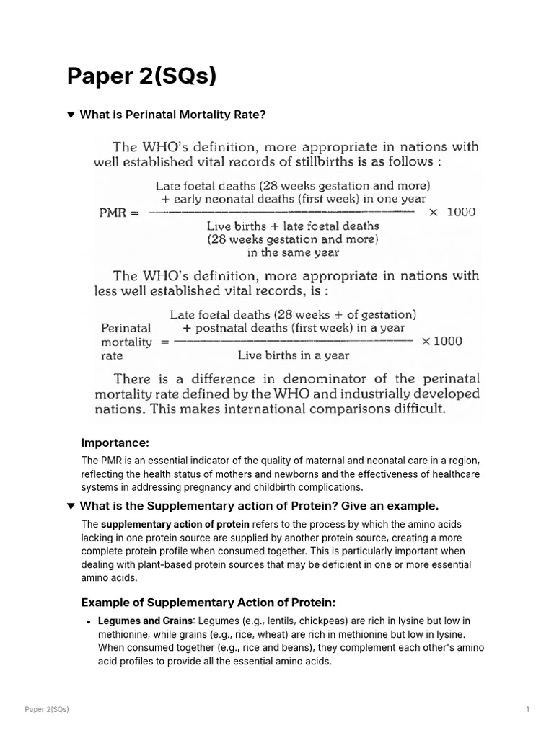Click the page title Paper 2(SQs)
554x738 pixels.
[x=141, y=76]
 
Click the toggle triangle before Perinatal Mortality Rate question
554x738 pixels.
[x=71, y=115]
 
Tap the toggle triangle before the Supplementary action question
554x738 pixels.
[x=71, y=506]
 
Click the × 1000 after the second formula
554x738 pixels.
[x=442, y=341]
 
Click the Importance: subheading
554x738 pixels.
[x=115, y=442]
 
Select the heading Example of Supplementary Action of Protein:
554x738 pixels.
[x=208, y=603]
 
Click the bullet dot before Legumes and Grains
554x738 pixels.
[x=88, y=621]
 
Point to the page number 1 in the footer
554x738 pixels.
[x=528, y=710]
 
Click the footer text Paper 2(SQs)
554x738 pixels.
[x=47, y=710]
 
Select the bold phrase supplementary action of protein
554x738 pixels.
[x=175, y=525]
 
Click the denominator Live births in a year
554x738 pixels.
[x=294, y=355]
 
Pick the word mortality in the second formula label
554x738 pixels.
[x=126, y=342]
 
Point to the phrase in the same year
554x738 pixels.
[x=293, y=253]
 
